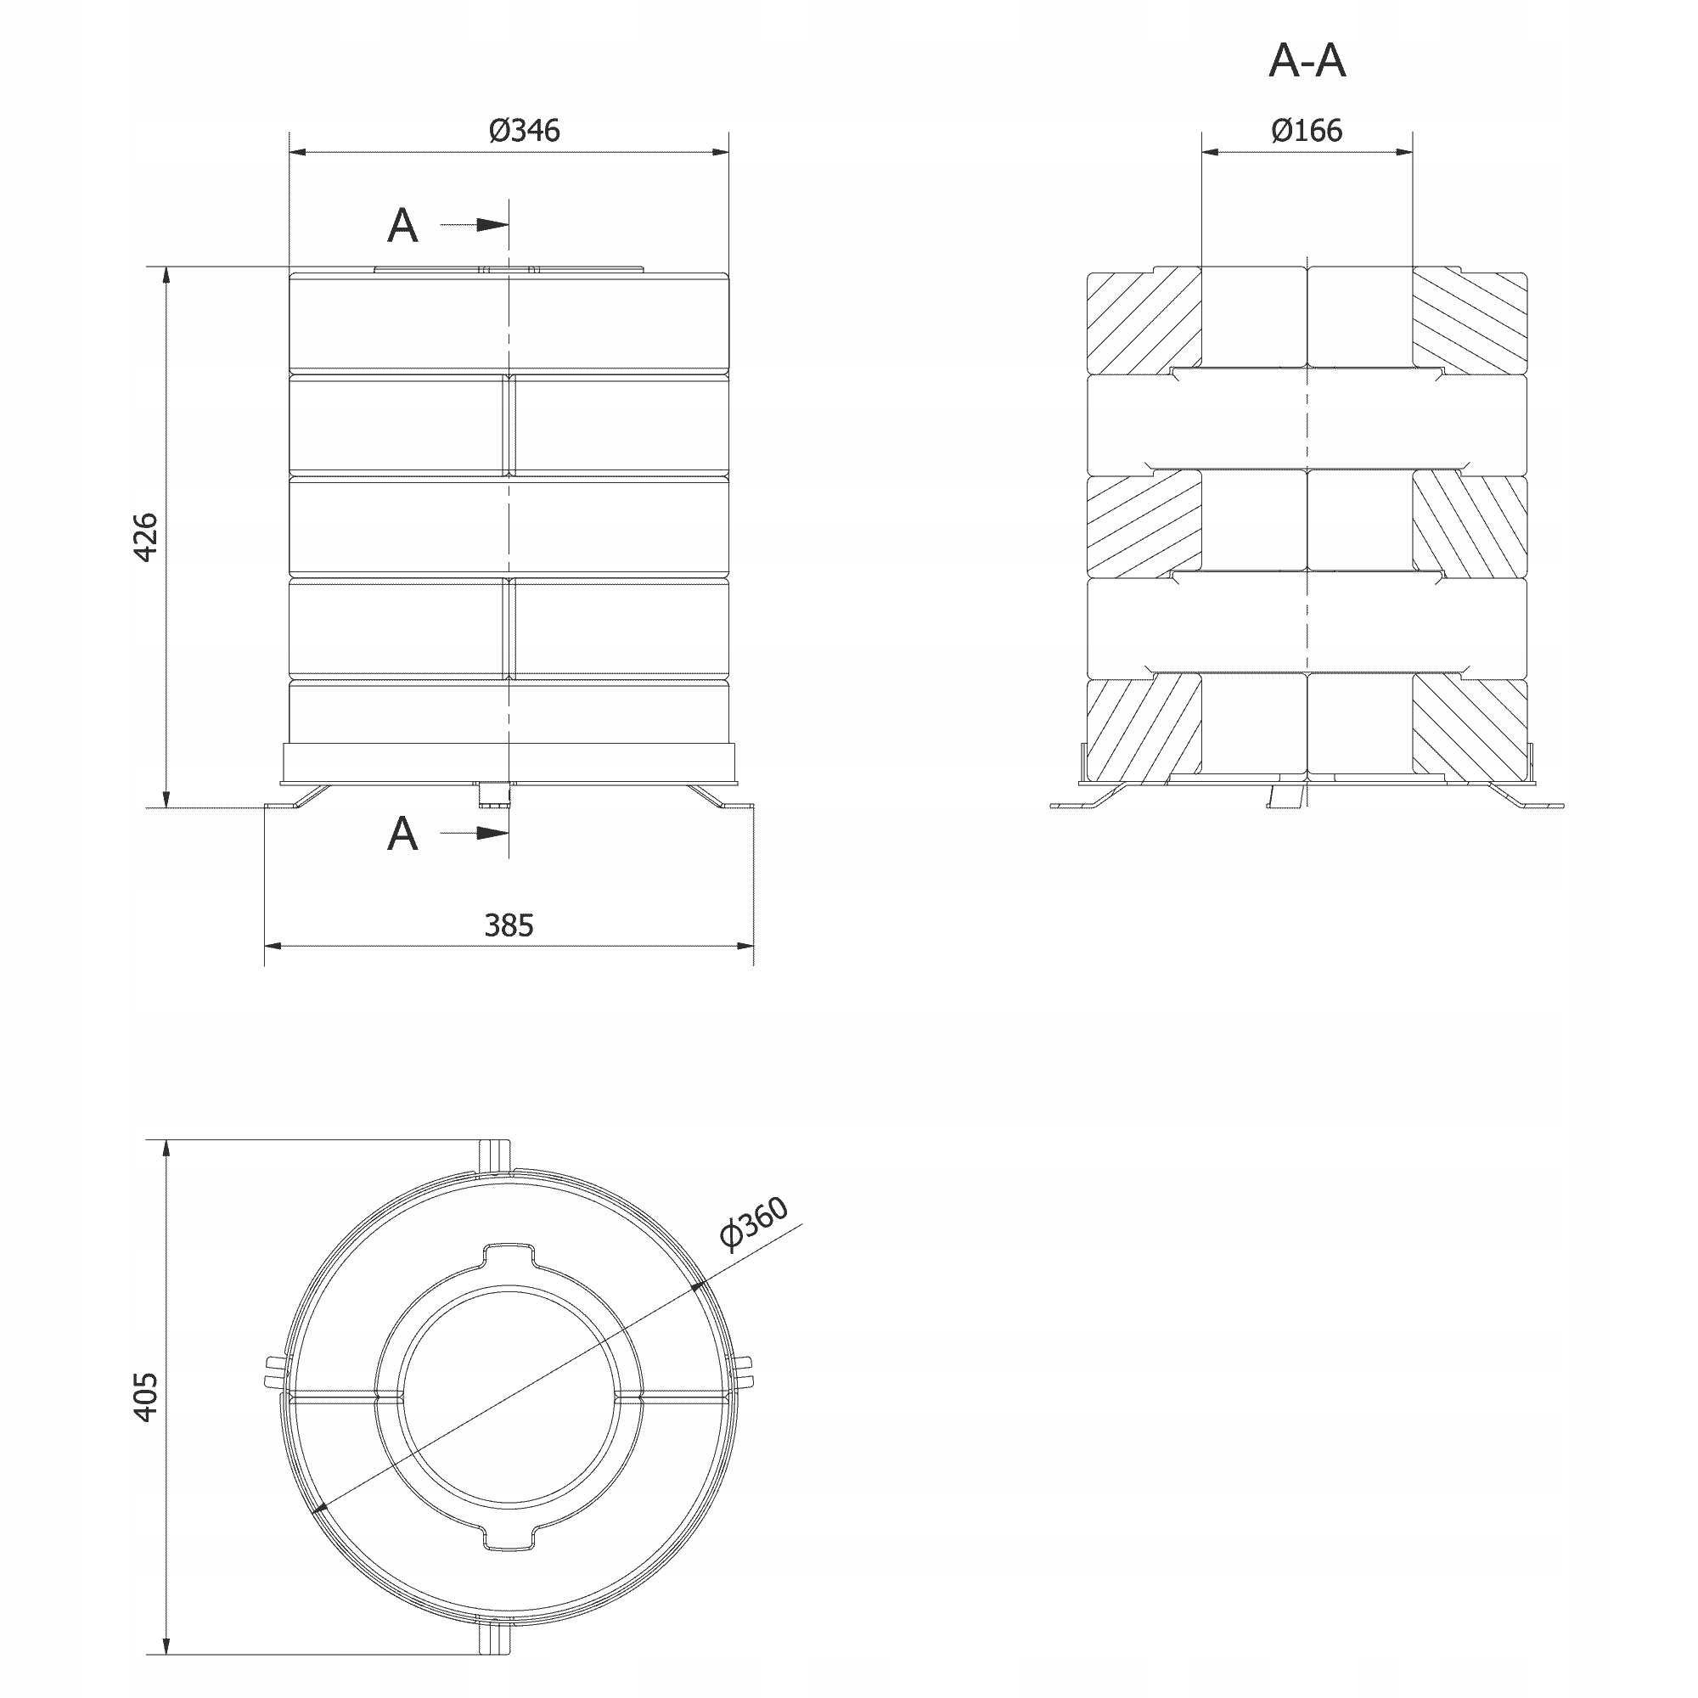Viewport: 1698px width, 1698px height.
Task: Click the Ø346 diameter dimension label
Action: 525,130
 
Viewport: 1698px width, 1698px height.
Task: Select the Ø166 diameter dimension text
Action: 1306,130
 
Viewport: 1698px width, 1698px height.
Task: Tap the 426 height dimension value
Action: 145,537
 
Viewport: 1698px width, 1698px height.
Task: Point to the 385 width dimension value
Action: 509,925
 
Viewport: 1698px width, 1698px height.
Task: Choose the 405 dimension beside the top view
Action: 145,1397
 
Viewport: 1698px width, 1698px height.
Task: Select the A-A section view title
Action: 1307,60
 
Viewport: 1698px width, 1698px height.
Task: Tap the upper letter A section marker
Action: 402,226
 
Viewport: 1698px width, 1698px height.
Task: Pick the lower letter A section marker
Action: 402,833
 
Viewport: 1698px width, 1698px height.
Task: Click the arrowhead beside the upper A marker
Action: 492,225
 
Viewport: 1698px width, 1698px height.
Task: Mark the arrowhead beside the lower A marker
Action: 492,832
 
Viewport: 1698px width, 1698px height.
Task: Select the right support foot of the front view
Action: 722,797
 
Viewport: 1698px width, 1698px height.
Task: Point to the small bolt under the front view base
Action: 493,795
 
